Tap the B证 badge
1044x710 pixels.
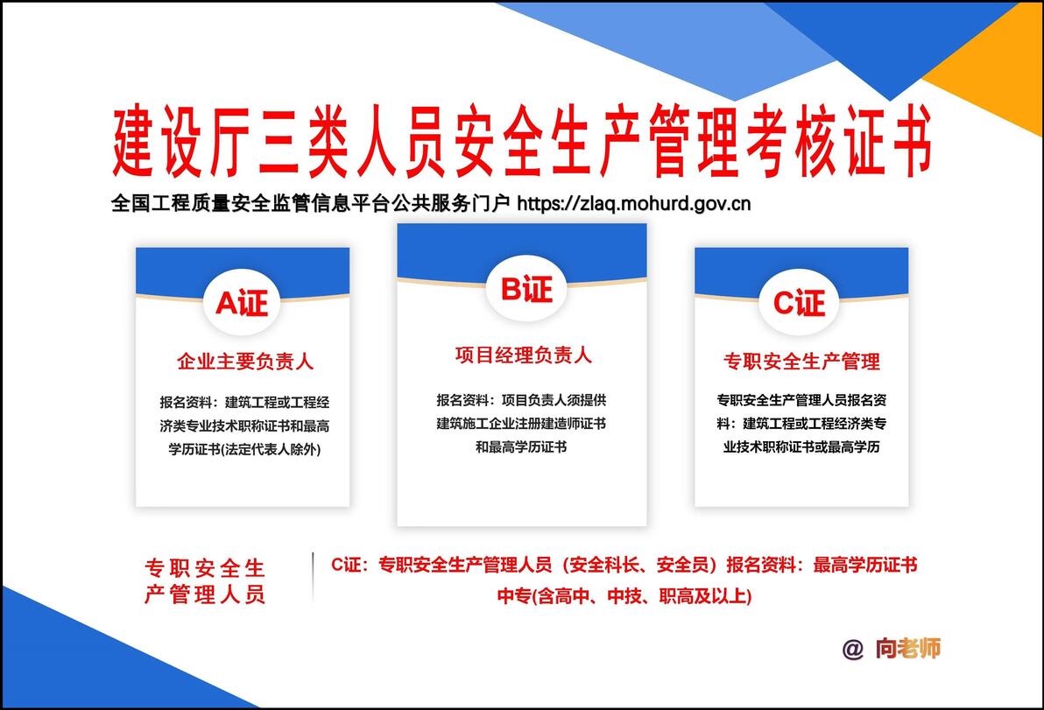[x=526, y=289]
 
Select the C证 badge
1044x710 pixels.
[x=799, y=304]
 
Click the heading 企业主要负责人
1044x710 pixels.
[x=245, y=362]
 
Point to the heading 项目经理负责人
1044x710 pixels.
[x=524, y=355]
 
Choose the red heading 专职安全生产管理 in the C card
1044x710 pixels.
[x=801, y=362]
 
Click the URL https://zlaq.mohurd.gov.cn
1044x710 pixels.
[x=634, y=203]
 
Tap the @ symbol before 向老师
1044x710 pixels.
[x=852, y=649]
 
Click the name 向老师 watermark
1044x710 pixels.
[x=908, y=648]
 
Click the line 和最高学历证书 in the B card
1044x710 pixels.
[x=521, y=446]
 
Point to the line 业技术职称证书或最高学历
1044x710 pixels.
[x=801, y=446]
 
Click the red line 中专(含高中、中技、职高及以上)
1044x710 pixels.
[x=624, y=595]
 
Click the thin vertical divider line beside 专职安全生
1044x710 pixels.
[x=313, y=577]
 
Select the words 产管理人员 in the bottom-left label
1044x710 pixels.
[x=205, y=594]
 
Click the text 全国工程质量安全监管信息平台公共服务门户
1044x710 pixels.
[x=310, y=203]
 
